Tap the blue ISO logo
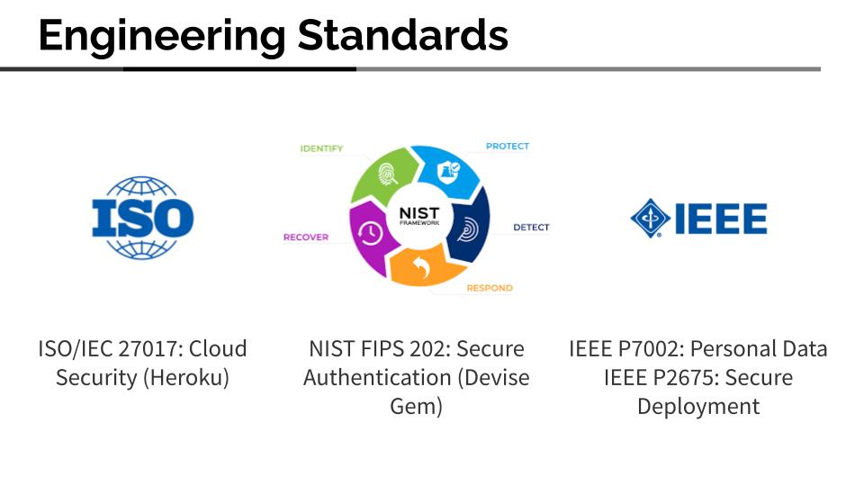pos(143,218)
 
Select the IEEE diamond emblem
pos(651,218)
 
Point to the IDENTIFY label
pos(321,148)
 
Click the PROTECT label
pos(508,146)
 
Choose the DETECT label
pos(531,227)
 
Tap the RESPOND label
pos(490,288)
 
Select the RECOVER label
pos(306,238)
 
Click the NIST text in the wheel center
pos(418,212)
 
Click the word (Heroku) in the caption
pos(186,377)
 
